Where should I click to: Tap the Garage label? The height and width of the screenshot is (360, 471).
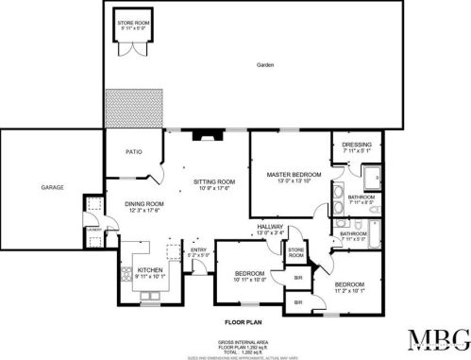click(52, 188)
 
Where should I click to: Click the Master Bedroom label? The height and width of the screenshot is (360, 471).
click(294, 175)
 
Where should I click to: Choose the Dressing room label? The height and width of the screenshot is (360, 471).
click(356, 145)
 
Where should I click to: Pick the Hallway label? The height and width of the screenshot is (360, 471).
click(271, 226)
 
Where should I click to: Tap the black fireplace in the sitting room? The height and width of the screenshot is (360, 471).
click(204, 134)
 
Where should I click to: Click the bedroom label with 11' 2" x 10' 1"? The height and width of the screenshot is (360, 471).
click(349, 284)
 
